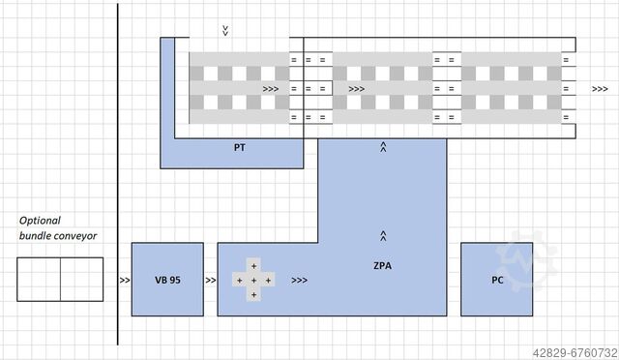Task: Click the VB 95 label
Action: coord(167,281)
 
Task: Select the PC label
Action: coord(497,281)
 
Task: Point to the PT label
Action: coord(239,149)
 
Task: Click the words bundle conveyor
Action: coord(58,235)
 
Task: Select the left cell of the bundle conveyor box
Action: coord(39,280)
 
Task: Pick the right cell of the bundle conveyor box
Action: coord(82,280)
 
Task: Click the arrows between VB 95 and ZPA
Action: coord(211,281)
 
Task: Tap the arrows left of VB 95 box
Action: coord(125,281)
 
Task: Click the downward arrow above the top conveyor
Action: coord(225,31)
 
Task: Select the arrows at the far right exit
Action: coord(600,88)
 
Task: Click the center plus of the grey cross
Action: coord(254,280)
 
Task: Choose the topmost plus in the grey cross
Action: coord(254,265)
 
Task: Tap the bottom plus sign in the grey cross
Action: coord(254,293)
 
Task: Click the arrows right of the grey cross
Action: coord(299,281)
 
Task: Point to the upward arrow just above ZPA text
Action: coord(384,235)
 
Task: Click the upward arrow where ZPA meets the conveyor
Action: coord(384,148)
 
